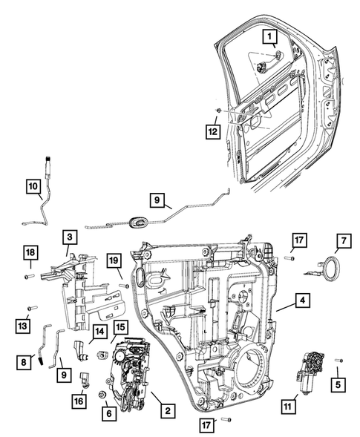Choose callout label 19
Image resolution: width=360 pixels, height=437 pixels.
pyautogui.click(x=114, y=261)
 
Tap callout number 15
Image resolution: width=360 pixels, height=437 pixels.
pyautogui.click(x=120, y=326)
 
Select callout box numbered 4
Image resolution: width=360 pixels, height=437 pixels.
pyautogui.click(x=302, y=301)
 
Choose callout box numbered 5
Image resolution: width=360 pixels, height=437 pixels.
pyautogui.click(x=337, y=384)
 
